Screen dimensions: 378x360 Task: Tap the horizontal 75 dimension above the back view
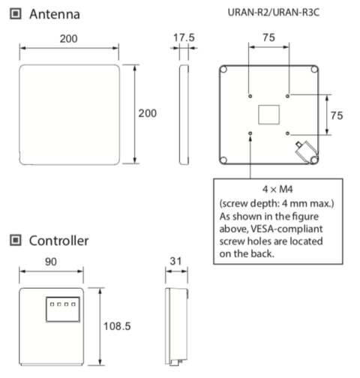point(268,37)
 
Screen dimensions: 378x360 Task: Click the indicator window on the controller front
point(58,307)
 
